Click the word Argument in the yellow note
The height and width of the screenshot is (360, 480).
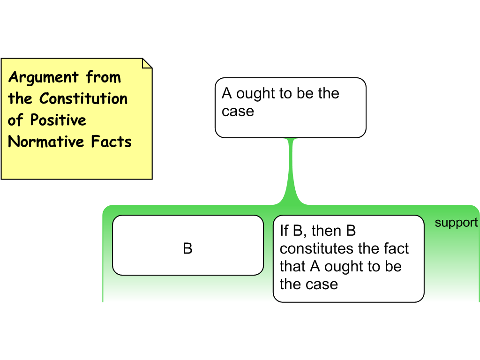[x=44, y=77]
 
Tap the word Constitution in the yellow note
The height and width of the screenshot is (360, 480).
[x=83, y=98]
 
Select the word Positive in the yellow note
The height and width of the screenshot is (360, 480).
[x=58, y=120]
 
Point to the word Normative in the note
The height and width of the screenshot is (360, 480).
[x=46, y=142]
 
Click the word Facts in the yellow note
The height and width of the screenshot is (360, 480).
[x=112, y=142]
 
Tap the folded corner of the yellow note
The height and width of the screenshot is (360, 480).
[x=147, y=63]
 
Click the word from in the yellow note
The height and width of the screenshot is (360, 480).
[x=103, y=77]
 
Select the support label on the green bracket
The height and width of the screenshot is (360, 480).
[x=456, y=223]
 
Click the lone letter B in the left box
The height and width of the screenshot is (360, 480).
[x=187, y=248]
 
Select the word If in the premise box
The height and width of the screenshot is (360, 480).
[x=284, y=231]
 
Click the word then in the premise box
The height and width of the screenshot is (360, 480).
[x=326, y=231]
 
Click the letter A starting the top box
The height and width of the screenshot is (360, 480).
[x=227, y=93]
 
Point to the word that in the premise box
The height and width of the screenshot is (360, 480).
[x=292, y=266]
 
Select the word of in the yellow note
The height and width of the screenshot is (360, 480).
[x=15, y=120]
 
